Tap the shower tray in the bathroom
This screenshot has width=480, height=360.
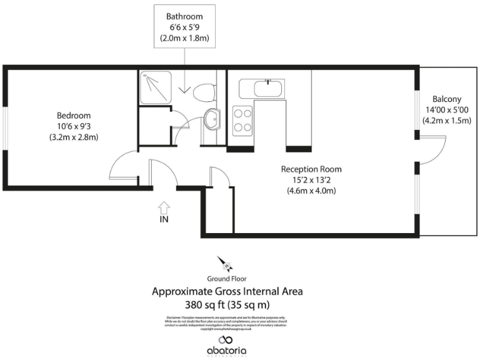[x=154, y=87]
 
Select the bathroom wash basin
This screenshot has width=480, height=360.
[x=213, y=117]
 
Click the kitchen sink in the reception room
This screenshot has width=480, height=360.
[x=269, y=87]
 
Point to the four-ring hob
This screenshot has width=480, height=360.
[x=242, y=121]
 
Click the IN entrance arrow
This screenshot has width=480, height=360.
[x=164, y=206]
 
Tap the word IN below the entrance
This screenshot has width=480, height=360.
[x=164, y=219]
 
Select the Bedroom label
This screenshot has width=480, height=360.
[x=74, y=116]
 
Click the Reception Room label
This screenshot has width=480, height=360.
[x=311, y=169]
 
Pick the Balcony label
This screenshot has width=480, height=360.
[x=446, y=99]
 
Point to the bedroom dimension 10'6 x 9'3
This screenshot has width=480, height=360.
[x=74, y=126]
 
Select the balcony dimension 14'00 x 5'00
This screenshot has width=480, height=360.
[x=446, y=110]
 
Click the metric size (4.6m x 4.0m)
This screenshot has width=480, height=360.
[x=311, y=191]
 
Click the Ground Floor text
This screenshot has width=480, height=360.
[x=227, y=279]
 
